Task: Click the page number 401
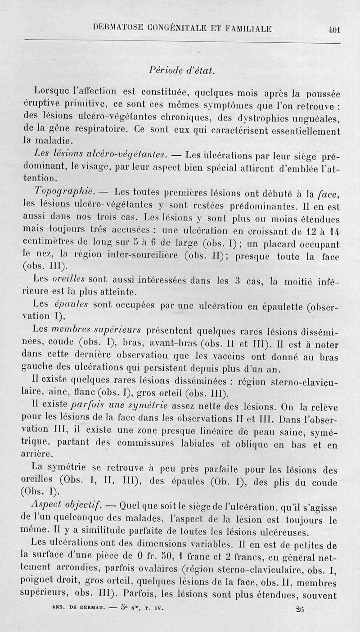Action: (334, 29)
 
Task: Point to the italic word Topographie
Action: (72, 193)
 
